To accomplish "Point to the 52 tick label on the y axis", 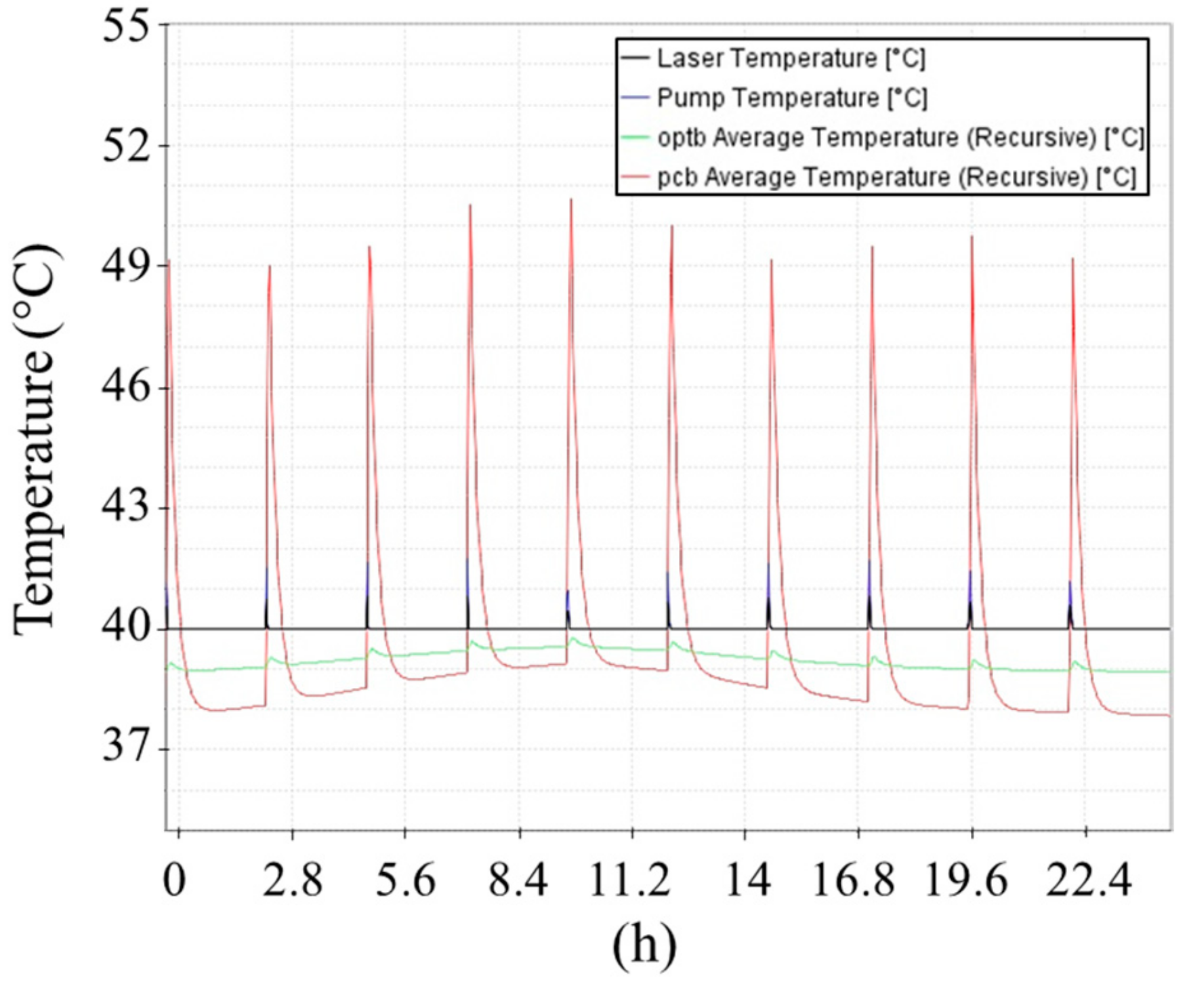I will [125, 147].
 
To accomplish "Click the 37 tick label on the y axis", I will [125, 750].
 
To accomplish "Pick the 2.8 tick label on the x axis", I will [292, 882].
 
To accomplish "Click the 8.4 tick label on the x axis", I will [518, 882].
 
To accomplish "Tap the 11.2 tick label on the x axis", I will [630, 882].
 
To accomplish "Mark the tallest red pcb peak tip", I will [571, 199].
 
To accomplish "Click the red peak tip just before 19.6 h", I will [972, 237].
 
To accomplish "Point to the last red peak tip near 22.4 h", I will [1072, 259].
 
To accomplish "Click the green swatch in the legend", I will [635, 138].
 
